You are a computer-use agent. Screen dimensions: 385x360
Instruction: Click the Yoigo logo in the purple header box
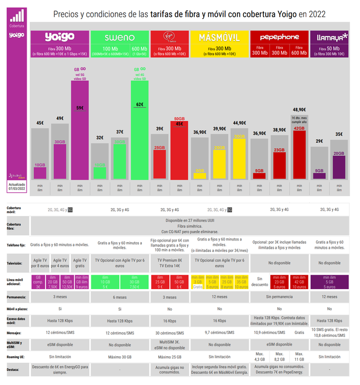(59, 37)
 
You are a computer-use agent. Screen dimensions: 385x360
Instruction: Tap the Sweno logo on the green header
(119, 38)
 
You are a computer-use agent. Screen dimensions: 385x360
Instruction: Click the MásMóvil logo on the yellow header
(219, 38)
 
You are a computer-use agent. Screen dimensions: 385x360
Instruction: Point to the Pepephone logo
(280, 37)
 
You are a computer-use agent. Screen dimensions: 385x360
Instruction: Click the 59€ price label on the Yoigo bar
(80, 107)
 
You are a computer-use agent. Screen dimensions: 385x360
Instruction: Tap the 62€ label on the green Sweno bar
(140, 104)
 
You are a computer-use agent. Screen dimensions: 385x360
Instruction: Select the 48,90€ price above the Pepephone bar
(300, 110)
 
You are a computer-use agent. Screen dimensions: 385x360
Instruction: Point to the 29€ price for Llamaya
(319, 141)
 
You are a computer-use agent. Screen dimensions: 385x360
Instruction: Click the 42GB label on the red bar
(300, 129)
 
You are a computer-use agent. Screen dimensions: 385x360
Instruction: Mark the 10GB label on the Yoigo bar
(40, 165)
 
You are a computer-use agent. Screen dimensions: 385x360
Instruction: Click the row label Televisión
(15, 264)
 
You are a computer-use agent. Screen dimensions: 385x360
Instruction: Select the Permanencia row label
(16, 297)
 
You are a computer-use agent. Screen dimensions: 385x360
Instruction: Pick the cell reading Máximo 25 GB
(169, 357)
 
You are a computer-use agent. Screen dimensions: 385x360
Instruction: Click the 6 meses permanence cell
(119, 297)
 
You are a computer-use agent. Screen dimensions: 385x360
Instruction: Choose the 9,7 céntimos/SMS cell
(219, 332)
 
